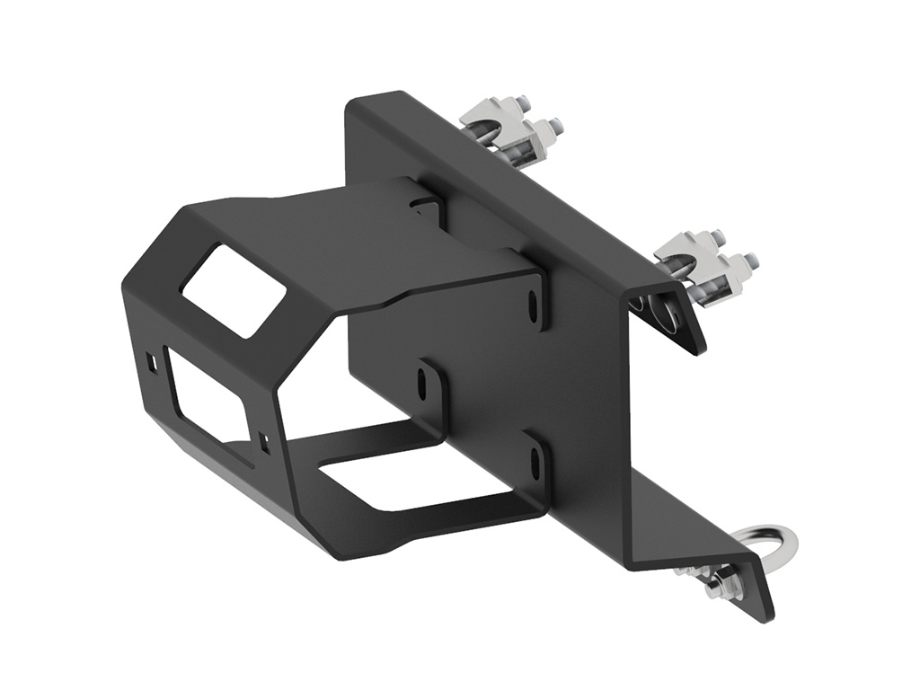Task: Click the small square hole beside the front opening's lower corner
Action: tap(262, 439)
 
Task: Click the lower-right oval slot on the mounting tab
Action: tap(536, 461)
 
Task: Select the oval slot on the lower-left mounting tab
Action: tap(421, 384)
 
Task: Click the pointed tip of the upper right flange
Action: tap(697, 349)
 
